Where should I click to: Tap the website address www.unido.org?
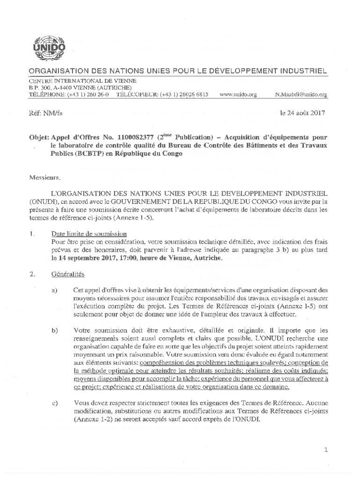coord(238,94)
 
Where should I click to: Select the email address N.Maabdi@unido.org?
coord(302,94)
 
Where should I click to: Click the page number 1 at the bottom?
coord(326,450)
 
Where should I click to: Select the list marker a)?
coord(55,290)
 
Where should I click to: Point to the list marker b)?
coord(55,331)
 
